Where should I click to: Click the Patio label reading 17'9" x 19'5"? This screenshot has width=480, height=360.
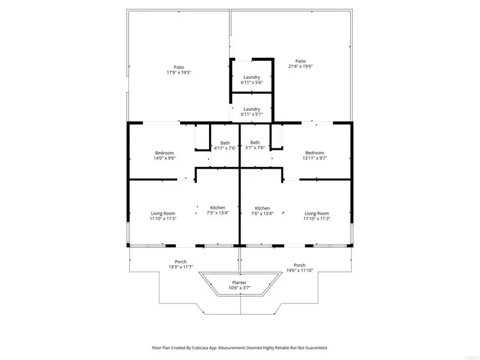tap(179, 70)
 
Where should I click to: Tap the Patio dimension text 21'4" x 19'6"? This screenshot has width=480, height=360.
tap(300, 66)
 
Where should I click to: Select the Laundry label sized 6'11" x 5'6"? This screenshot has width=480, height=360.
tap(252, 80)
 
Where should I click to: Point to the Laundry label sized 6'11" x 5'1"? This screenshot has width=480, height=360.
tap(252, 112)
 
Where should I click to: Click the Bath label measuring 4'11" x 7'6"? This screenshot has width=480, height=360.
tap(225, 146)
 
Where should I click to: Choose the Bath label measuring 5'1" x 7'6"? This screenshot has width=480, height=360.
tap(255, 145)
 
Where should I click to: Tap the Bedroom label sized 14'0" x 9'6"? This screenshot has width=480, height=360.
tap(164, 156)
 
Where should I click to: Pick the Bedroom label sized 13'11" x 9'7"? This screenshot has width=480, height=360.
tap(315, 156)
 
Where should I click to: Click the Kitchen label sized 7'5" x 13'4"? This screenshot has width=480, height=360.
tap(218, 210)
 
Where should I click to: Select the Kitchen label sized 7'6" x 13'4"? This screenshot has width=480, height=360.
tap(262, 211)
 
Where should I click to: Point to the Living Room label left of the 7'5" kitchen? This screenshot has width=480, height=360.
tap(163, 216)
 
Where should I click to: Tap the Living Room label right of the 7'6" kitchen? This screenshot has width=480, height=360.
tap(317, 216)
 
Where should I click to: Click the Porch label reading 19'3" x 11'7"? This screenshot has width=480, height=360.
tap(181, 265)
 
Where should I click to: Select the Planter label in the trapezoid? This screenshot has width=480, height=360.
tap(239, 283)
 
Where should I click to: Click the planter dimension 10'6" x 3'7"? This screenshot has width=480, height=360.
tap(239, 288)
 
